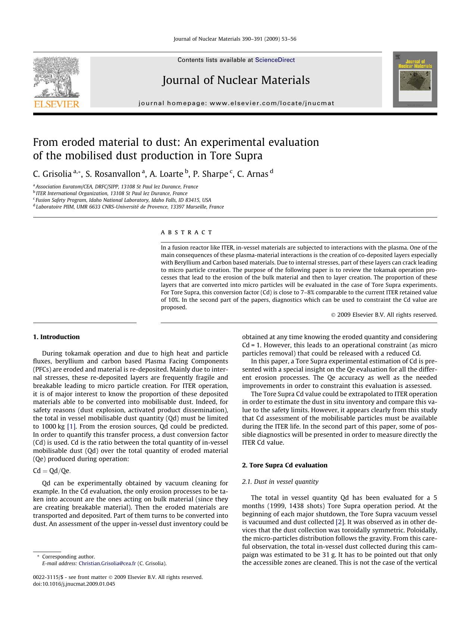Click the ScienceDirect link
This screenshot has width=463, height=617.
pyautogui.click(x=275, y=60)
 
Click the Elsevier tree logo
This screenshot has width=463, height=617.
pyautogui.click(x=56, y=78)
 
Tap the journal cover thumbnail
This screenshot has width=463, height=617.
pyautogui.click(x=415, y=79)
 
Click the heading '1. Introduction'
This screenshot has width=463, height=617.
pyautogui.click(x=56, y=337)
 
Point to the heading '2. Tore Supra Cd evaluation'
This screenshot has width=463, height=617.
pyautogui.click(x=285, y=465)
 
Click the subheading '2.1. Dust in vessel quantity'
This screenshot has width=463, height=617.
pyautogui.click(x=280, y=482)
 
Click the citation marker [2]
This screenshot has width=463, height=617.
pyautogui.click(x=340, y=522)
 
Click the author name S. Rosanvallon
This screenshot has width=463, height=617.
pyautogui.click(x=113, y=174)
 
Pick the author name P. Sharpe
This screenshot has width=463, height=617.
pyautogui.click(x=210, y=174)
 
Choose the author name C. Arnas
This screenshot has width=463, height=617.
pyautogui.click(x=253, y=174)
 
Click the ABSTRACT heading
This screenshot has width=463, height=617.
pyautogui.click(x=187, y=232)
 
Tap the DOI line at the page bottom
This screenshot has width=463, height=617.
pyautogui.click(x=74, y=584)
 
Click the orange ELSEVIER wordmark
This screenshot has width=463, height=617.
pyautogui.click(x=56, y=104)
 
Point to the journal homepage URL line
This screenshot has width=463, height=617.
pyautogui.click(x=236, y=103)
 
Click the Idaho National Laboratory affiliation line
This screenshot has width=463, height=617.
pyautogui.click(x=123, y=200)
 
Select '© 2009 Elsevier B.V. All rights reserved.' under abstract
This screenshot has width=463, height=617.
pyautogui.click(x=384, y=315)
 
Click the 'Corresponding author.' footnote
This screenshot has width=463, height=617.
pyautogui.click(x=68, y=557)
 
